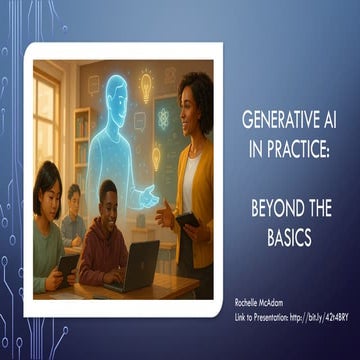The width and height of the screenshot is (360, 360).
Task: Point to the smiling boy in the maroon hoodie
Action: click(x=107, y=240)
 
